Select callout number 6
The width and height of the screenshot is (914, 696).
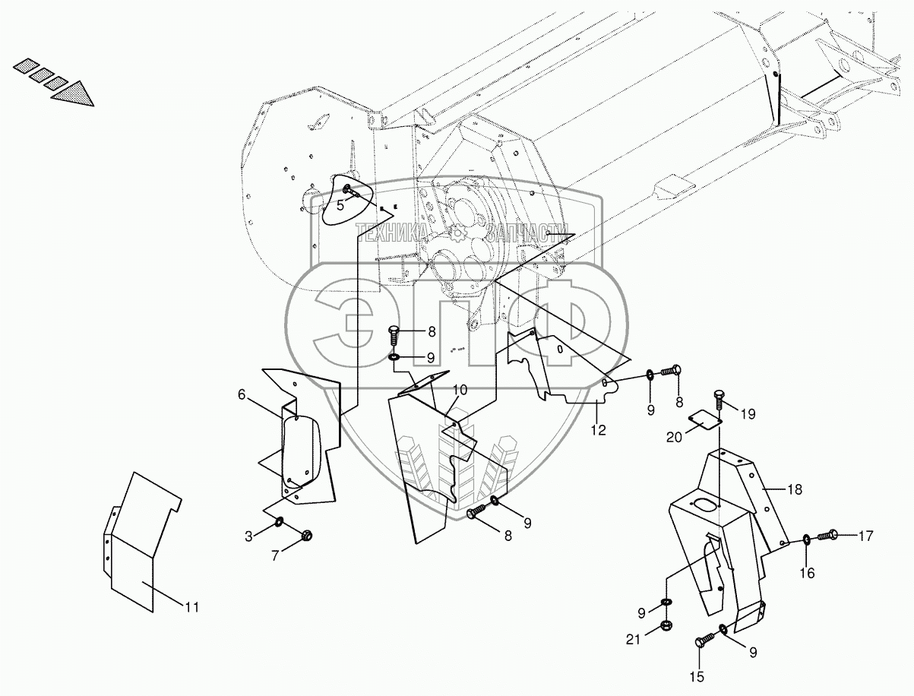[x=242, y=394]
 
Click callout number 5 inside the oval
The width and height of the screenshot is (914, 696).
[x=340, y=204]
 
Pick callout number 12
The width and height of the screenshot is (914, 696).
[x=599, y=431]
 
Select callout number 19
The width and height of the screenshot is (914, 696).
[x=749, y=414]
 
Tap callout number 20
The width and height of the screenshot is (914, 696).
[x=673, y=436]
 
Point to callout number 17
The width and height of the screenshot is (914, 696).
[x=866, y=535]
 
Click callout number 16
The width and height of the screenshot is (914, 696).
[x=807, y=572]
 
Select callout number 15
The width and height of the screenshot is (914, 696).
[x=697, y=675]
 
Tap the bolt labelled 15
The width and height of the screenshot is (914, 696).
[x=701, y=643]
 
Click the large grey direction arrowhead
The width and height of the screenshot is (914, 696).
[x=74, y=93]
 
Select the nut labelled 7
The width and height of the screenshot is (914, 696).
[x=308, y=534]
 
